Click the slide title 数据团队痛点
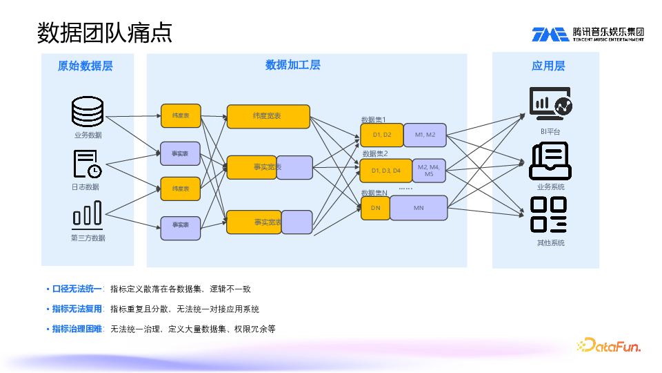[x=104, y=32]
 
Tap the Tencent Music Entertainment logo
[x=588, y=34]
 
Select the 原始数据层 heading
[x=86, y=66]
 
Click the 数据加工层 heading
[x=293, y=66]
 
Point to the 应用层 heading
[x=548, y=66]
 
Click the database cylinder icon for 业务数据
[x=88, y=112]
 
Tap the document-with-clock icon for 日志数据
[x=88, y=164]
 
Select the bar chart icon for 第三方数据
[x=88, y=215]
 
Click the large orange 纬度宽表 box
[x=268, y=117]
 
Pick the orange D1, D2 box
[x=382, y=135]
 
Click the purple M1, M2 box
[x=425, y=135]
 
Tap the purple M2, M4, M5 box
[x=429, y=170]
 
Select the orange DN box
[x=376, y=208]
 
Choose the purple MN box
[x=419, y=208]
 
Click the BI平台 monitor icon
[x=550, y=104]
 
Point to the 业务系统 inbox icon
[x=550, y=161]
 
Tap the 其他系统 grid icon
[x=550, y=215]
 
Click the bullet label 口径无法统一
[x=77, y=289]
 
